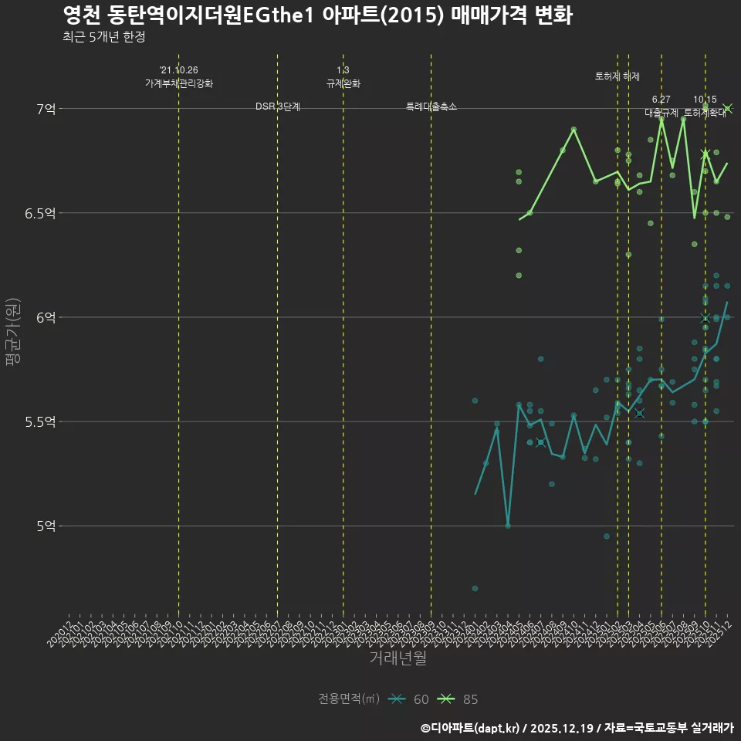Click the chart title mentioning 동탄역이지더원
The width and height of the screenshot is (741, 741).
[317, 15]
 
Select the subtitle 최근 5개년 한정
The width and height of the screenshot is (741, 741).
[103, 37]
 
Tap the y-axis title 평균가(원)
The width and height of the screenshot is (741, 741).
[12, 333]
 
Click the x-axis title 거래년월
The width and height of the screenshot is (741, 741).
[398, 658]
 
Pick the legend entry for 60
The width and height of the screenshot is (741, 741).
[409, 699]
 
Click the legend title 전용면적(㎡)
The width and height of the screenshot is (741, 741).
[349, 699]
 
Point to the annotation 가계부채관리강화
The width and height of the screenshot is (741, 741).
[178, 83]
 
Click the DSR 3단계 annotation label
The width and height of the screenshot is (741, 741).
[278, 107]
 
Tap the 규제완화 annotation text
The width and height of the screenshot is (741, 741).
[343, 83]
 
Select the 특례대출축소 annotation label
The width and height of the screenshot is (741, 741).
[431, 107]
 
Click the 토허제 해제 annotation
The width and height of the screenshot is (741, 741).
[617, 76]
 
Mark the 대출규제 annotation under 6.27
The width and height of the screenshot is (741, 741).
[661, 113]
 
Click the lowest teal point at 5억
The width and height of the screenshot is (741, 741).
[508, 526]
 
